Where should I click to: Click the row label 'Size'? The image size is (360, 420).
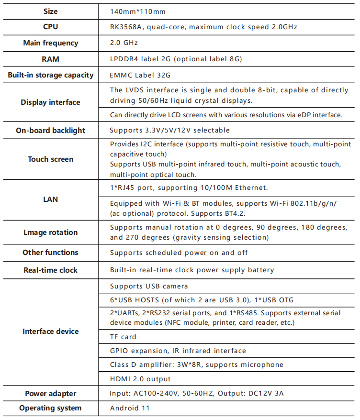coord(50,11)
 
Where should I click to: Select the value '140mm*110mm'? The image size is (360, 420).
coord(138,11)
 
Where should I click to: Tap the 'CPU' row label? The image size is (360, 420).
coord(50,27)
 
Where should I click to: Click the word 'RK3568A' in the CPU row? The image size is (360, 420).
coord(126,27)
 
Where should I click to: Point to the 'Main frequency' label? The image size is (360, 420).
coord(50,43)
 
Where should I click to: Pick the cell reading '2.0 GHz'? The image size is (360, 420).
coord(124,43)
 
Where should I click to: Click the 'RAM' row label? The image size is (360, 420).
coord(50,59)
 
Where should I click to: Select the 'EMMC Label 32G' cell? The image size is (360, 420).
coord(140,75)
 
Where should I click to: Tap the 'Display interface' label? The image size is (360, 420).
coord(50,102)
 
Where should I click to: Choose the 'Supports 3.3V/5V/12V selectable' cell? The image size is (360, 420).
coord(170,130)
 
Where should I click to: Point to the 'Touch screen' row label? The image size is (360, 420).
coord(50,159)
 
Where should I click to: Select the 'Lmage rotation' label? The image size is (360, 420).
coord(50,232)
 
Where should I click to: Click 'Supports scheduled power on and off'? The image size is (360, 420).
coord(179,253)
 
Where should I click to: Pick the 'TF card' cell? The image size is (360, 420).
coord(123,337)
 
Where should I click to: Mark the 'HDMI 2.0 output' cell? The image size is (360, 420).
coord(140,379)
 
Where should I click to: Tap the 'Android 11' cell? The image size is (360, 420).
coord(130,408)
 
